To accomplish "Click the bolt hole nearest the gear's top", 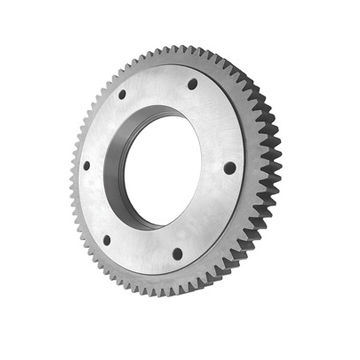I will [192, 84].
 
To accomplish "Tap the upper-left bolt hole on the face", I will [122, 95].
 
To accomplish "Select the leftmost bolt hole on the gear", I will [86, 165].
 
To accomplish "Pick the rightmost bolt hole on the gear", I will [229, 168].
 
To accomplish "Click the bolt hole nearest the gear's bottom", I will [177, 253].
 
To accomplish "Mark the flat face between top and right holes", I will [220, 120].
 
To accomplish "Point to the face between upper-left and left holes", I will [98, 128].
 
